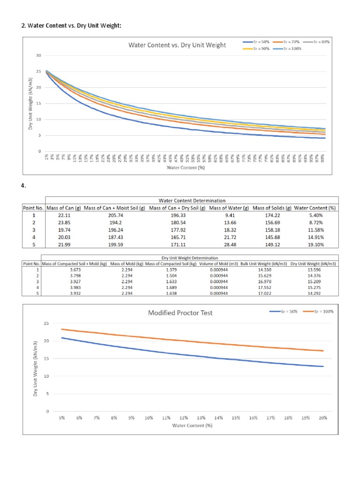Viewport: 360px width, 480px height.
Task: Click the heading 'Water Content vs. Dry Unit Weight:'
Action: click(71, 25)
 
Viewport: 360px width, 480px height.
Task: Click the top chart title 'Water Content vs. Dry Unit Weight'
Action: click(177, 45)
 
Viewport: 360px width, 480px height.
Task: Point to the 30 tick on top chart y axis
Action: click(39, 56)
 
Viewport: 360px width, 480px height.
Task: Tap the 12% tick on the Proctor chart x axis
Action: click(183, 418)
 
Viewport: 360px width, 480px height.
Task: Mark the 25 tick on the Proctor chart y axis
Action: click(46, 323)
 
